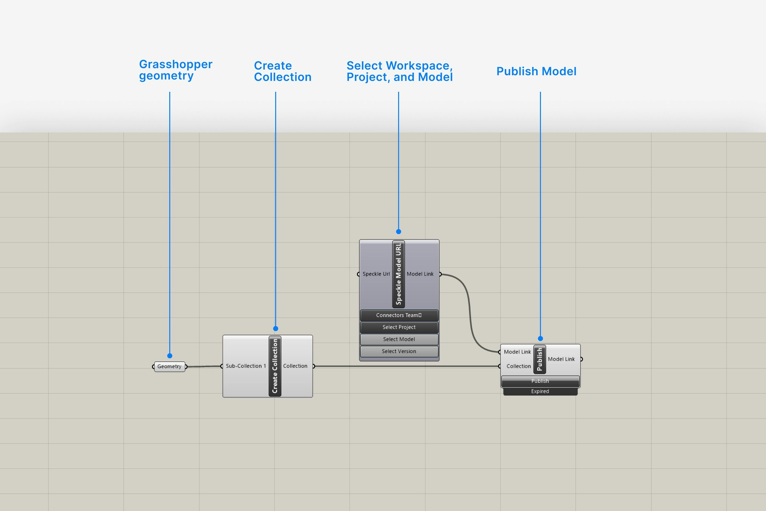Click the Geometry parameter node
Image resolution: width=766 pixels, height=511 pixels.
(x=169, y=366)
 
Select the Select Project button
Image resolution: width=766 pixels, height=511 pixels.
(x=399, y=327)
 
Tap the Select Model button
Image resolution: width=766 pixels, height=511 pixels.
(x=399, y=339)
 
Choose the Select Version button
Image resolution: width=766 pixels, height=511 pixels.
(x=399, y=351)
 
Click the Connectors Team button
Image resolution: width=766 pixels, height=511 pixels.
(x=399, y=315)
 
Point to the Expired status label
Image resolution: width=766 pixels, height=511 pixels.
(x=540, y=392)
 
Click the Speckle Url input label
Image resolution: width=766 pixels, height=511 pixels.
(x=376, y=274)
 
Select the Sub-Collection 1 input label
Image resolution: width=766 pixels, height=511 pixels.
(x=246, y=366)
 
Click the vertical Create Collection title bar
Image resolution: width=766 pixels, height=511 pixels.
(x=275, y=366)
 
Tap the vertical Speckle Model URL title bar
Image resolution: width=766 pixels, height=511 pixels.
(x=398, y=274)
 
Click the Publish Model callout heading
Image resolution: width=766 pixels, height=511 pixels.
(x=536, y=71)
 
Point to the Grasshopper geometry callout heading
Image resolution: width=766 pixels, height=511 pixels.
(x=176, y=70)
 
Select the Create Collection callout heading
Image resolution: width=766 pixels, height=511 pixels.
(x=282, y=71)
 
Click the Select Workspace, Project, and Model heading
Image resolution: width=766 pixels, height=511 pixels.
(x=399, y=71)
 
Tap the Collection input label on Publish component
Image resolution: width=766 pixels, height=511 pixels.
(x=518, y=366)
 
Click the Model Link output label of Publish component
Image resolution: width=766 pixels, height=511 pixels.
(x=561, y=359)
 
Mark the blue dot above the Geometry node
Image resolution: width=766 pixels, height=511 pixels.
(x=170, y=356)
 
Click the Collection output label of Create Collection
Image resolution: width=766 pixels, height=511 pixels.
(x=295, y=366)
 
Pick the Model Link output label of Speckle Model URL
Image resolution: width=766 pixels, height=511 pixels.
(x=420, y=274)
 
